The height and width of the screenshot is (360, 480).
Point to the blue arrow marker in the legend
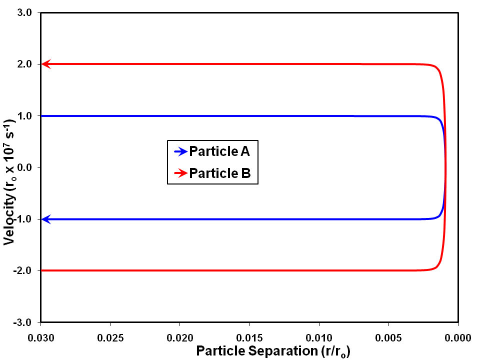[x=180, y=150]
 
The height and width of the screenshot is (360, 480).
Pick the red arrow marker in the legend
[x=180, y=173]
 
